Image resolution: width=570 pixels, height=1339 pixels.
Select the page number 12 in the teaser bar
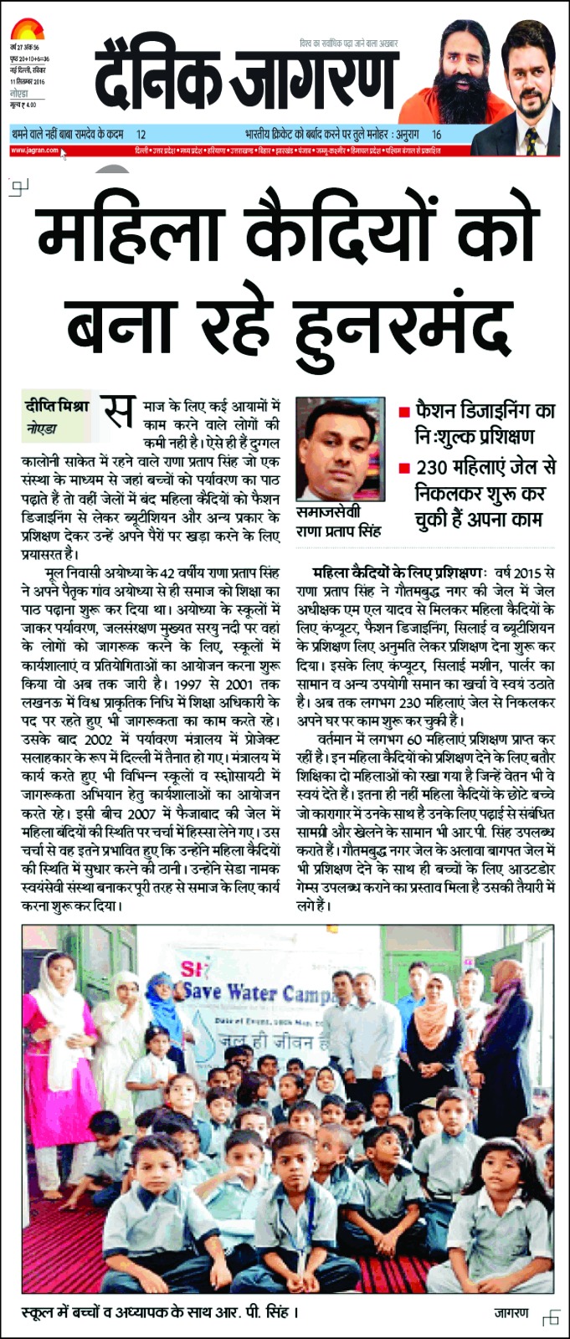point(141,134)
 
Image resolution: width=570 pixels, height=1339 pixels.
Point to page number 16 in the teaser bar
point(436,134)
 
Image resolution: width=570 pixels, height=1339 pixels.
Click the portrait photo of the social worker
point(340,449)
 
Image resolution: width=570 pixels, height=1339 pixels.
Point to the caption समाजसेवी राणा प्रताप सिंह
point(340,523)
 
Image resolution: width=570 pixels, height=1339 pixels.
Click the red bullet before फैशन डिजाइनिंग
point(403,412)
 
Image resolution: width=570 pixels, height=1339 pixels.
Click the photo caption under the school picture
point(160,1311)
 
